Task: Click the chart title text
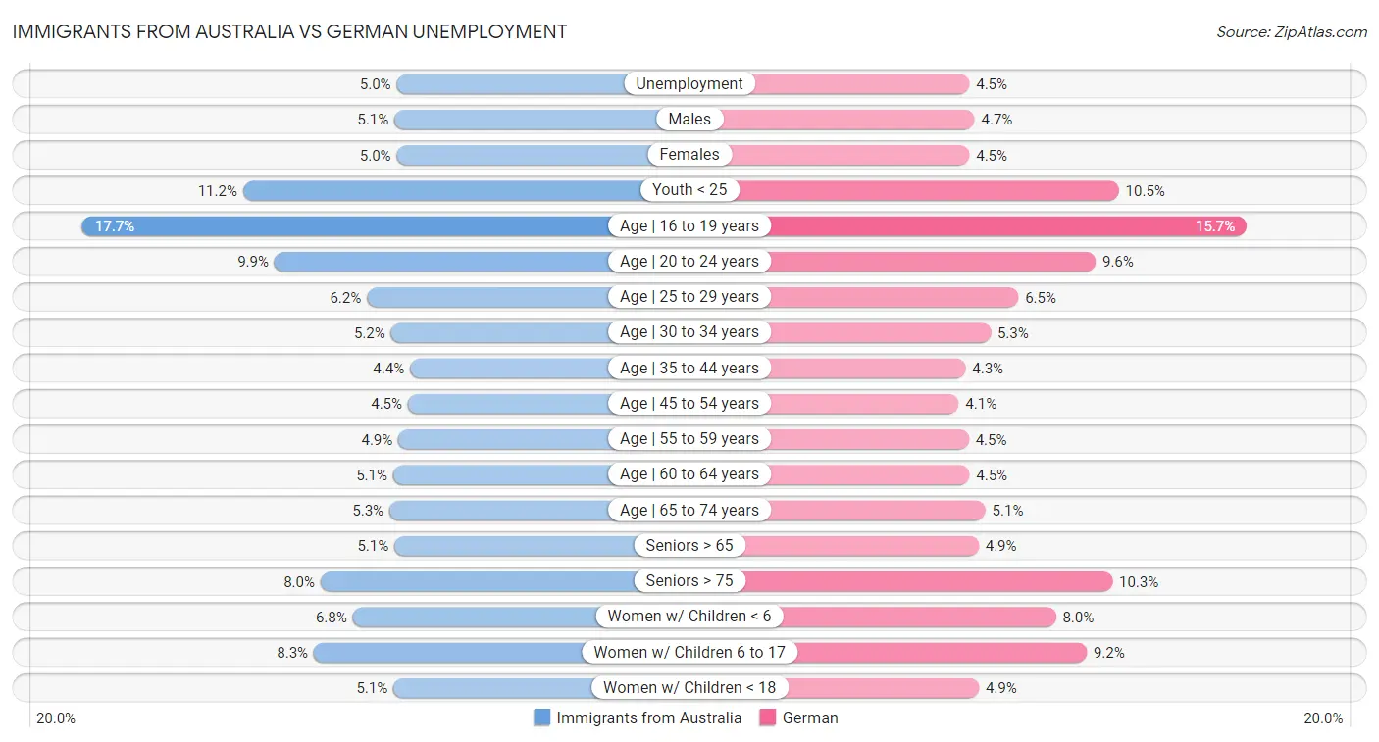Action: tap(289, 31)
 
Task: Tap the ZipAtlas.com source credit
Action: tap(1292, 32)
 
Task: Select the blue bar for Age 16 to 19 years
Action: tap(343, 226)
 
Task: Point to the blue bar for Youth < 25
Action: tap(441, 190)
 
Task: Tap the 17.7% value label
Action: tap(115, 226)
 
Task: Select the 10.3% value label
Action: tap(1139, 582)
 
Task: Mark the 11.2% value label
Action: tap(218, 191)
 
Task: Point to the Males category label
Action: tap(689, 120)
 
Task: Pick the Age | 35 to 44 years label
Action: tap(689, 369)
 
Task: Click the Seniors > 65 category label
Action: tap(689, 546)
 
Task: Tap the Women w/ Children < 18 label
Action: tap(689, 688)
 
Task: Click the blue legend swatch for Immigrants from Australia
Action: tap(542, 717)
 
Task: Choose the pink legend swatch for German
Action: tap(768, 717)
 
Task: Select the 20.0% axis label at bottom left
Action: tap(56, 718)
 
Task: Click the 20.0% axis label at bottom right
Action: tap(1323, 718)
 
